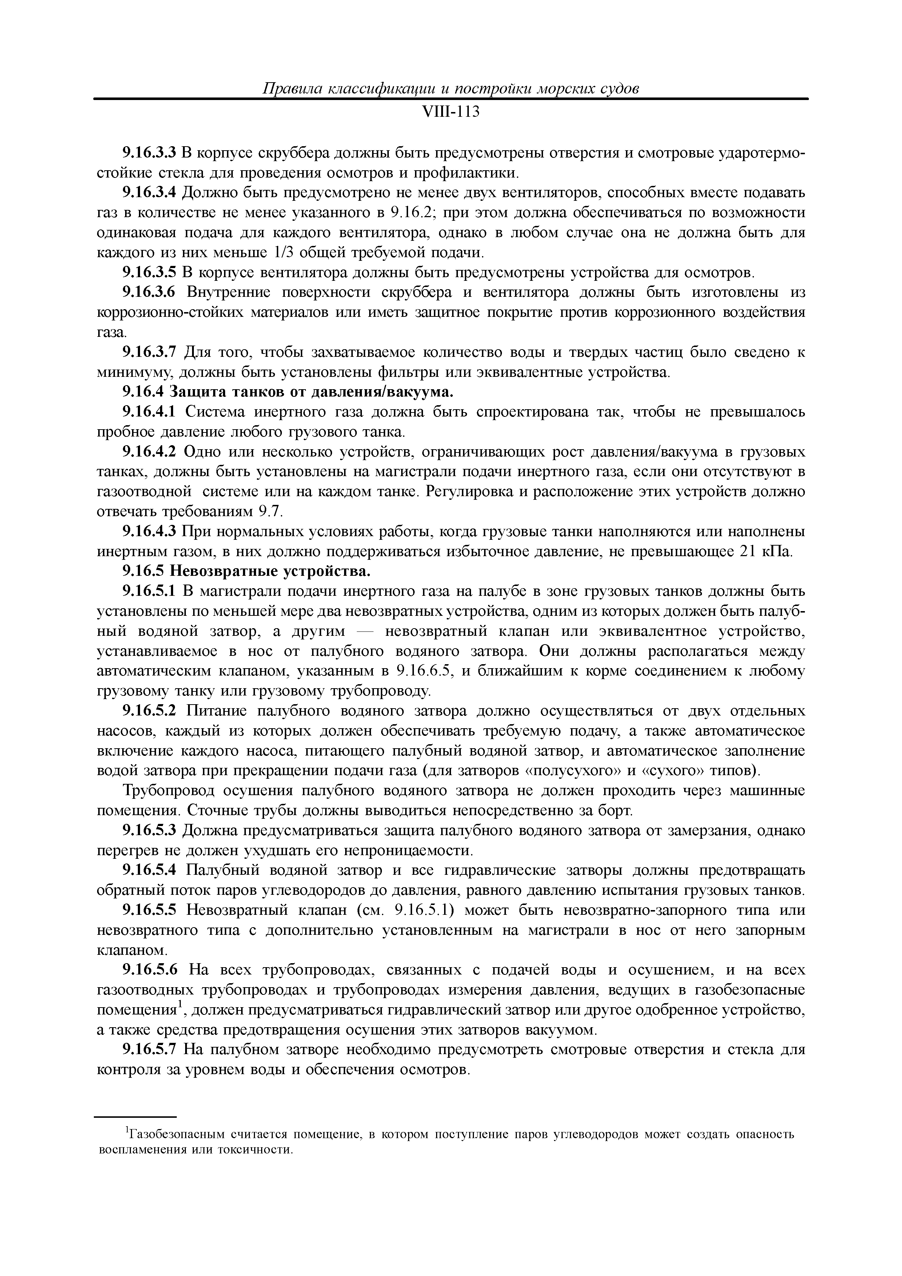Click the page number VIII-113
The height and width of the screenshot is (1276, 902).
(451, 112)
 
